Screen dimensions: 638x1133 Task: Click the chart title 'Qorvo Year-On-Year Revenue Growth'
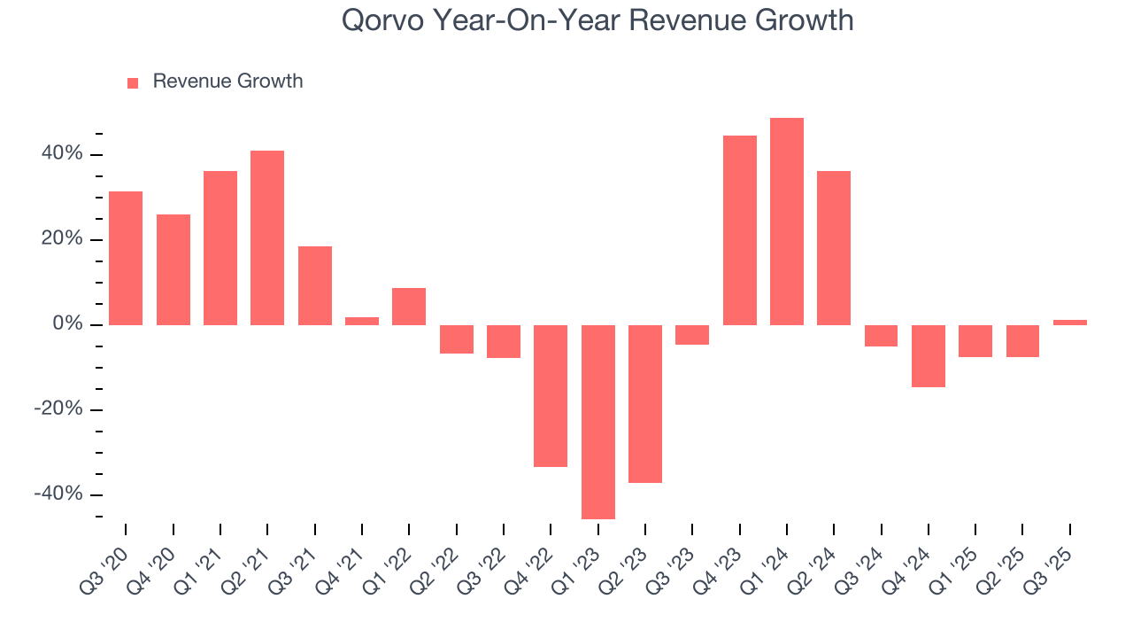(x=597, y=20)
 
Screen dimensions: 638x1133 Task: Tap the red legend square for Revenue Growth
(x=133, y=82)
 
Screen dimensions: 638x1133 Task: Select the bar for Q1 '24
(x=787, y=222)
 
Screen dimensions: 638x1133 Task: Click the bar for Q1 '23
(x=597, y=422)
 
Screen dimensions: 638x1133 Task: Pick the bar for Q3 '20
(x=126, y=258)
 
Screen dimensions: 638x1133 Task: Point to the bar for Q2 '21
(x=267, y=237)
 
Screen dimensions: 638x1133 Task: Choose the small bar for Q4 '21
(x=362, y=321)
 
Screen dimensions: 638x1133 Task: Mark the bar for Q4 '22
(x=551, y=395)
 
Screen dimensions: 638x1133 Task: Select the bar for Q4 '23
(x=740, y=230)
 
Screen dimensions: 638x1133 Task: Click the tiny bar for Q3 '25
(x=1070, y=323)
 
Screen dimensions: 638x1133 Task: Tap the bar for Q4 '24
(x=929, y=356)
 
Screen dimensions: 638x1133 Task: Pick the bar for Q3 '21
(x=315, y=285)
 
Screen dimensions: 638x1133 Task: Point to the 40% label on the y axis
(x=62, y=154)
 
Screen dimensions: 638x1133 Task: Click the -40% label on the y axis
(x=58, y=494)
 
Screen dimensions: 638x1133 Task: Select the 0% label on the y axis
(x=67, y=324)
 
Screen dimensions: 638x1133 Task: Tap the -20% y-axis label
(x=58, y=409)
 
